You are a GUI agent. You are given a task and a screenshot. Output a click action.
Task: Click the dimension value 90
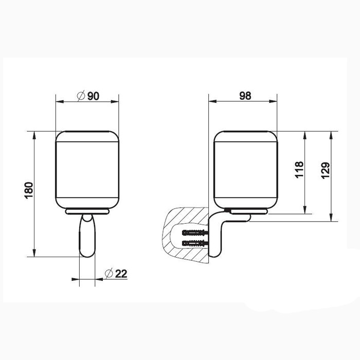pyautogui.click(x=93, y=96)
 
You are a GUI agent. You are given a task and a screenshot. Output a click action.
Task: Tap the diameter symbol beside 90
pyautogui.click(x=80, y=96)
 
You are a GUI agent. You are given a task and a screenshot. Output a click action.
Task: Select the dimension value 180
pyautogui.click(x=29, y=191)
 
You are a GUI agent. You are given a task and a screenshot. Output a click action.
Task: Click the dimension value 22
pyautogui.click(x=121, y=274)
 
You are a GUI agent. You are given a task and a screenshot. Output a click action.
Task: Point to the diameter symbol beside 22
pyautogui.click(x=109, y=274)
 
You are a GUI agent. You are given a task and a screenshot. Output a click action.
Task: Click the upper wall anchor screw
pyautogui.click(x=194, y=232)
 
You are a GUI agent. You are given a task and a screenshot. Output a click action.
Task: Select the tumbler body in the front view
pyautogui.click(x=87, y=170)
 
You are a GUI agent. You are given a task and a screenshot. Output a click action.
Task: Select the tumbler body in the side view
pyautogui.click(x=245, y=170)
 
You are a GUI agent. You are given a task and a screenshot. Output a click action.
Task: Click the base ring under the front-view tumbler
pyautogui.click(x=87, y=211)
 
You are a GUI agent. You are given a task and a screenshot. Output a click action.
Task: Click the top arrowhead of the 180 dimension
pyautogui.click(x=34, y=135)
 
